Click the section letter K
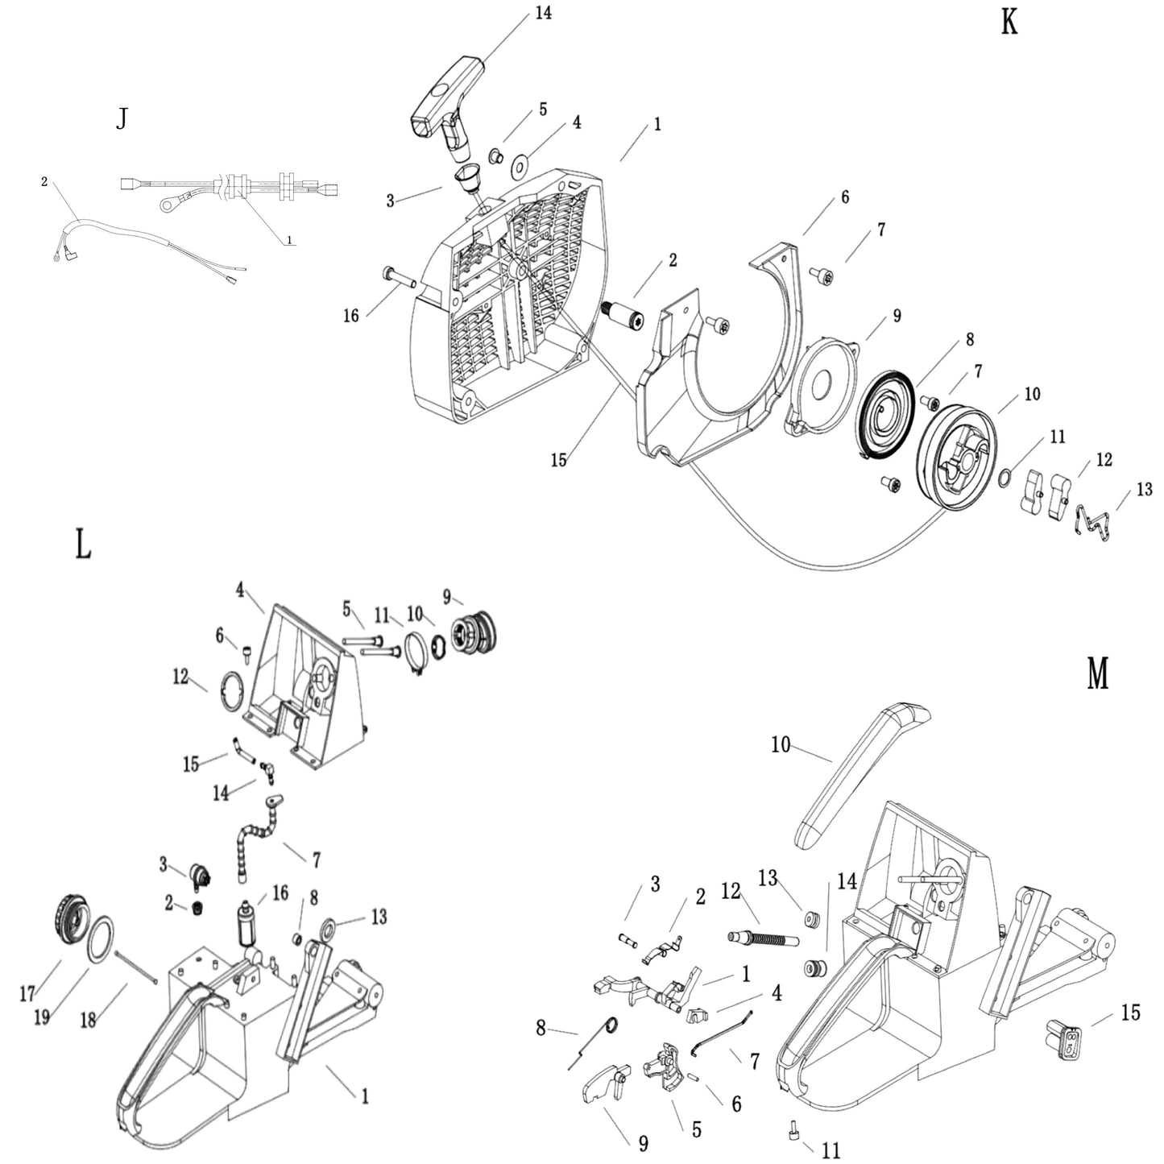[1009, 23]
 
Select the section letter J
[122, 120]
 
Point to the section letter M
[1098, 673]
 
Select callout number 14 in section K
[544, 14]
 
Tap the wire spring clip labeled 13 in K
[1095, 522]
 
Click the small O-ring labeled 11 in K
[1005, 478]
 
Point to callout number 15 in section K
[558, 460]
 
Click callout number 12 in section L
[180, 677]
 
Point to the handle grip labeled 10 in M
[858, 773]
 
